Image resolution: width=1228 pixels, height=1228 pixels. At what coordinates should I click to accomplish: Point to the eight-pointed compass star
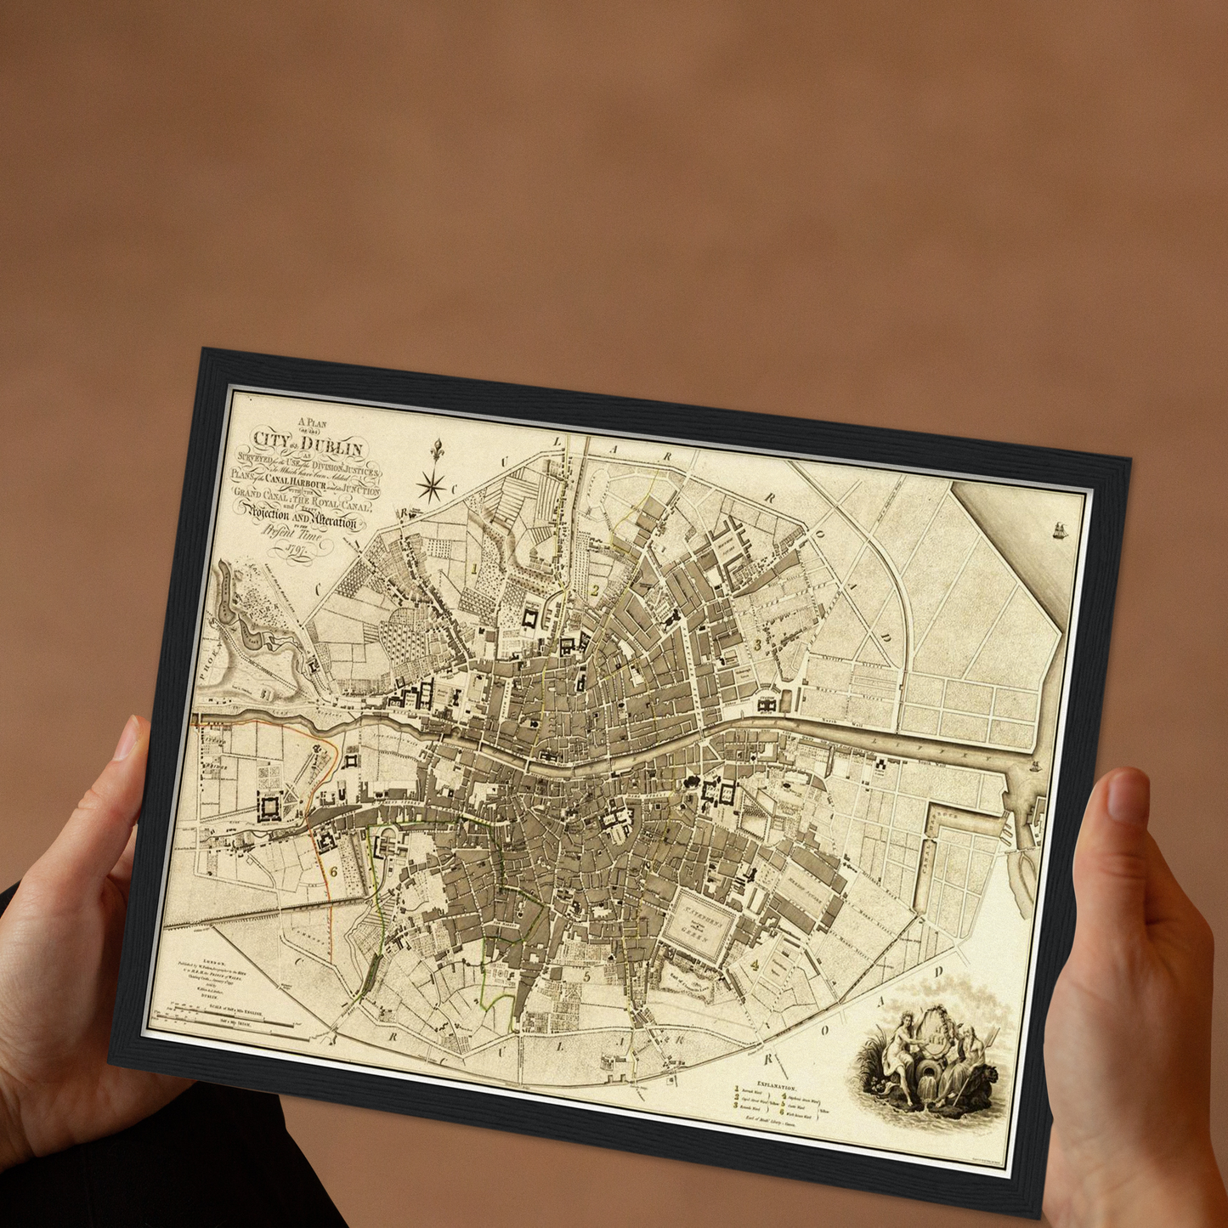tap(433, 486)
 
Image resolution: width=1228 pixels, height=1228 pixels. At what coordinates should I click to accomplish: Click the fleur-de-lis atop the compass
tap(439, 448)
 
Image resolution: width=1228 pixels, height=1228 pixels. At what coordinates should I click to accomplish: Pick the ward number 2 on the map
tap(596, 590)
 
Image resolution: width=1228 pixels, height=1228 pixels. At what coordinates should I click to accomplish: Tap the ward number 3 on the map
tap(758, 645)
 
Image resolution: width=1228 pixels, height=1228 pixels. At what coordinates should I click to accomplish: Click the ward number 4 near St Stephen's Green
tap(754, 965)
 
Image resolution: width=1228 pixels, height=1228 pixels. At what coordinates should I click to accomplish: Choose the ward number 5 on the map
tap(586, 976)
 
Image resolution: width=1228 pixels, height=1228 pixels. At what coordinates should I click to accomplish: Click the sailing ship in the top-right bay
tap(1061, 530)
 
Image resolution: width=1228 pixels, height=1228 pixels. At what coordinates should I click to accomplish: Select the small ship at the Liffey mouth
tap(1034, 764)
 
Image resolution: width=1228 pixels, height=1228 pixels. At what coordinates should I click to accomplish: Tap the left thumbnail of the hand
tap(127, 738)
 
